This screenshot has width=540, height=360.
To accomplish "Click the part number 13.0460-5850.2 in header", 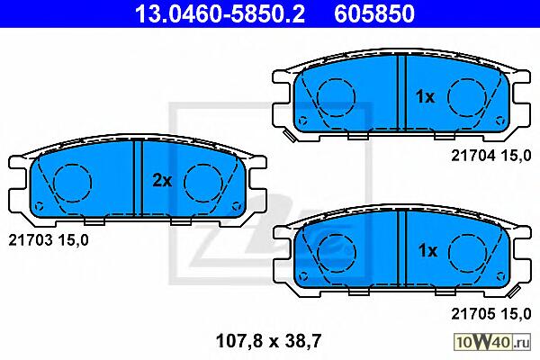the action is coord(220,13).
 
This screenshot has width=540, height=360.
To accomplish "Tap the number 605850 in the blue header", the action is coord(374,13).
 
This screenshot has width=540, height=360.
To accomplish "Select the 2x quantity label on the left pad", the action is coord(162,180).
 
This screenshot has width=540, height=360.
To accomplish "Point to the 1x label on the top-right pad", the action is coord(426,97).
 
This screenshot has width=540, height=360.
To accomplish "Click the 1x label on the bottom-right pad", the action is coord(427,250).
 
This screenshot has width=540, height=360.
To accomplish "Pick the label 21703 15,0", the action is coord(49,240).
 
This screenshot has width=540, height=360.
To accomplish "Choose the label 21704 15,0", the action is coord(491,156).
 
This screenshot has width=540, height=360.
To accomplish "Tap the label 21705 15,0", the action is coord(491,314).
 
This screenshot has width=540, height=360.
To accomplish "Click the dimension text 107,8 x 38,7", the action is coord(268,341).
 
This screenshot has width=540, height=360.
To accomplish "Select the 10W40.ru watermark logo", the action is coord(492,342).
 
